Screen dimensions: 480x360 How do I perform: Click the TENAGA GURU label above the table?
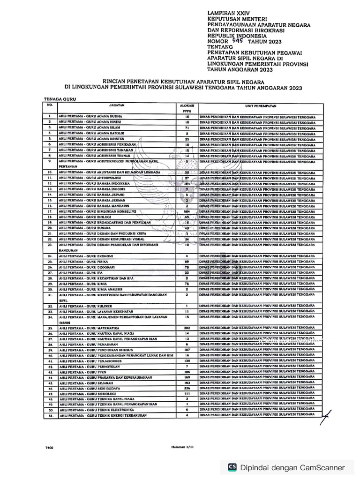pos(60,100)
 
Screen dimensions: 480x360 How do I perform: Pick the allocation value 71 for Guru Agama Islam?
pos(187,127)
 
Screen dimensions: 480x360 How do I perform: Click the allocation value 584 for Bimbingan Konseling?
pos(187,212)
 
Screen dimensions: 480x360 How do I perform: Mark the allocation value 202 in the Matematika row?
pos(187,328)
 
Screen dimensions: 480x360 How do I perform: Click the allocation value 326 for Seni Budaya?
pos(187,389)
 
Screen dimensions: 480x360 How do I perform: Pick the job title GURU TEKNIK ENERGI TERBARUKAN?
pos(103,415)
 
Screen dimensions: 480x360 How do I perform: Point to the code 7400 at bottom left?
pos(49,448)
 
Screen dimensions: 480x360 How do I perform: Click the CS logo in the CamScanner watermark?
pos(232,467)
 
